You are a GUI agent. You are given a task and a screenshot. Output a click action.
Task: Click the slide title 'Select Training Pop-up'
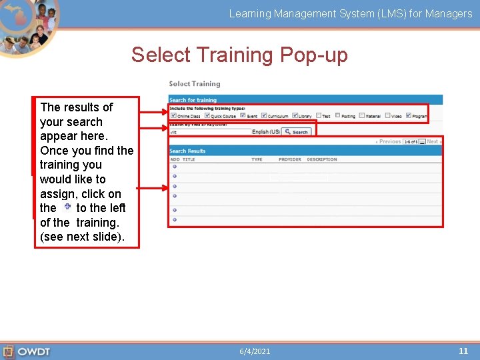coord(239,55)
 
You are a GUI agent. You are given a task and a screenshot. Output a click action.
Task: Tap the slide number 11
coord(463,351)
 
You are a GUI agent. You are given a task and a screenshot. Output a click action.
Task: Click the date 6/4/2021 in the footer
coord(255,351)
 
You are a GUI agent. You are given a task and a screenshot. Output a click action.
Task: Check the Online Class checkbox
coord(173,115)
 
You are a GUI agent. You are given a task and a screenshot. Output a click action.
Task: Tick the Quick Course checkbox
coord(208,115)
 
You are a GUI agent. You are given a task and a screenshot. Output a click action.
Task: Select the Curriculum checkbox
coord(264,115)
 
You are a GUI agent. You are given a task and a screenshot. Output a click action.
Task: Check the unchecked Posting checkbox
coord(337,115)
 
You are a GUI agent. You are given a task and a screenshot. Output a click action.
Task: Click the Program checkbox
coord(408,115)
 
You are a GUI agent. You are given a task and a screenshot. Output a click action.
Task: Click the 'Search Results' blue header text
coord(187,151)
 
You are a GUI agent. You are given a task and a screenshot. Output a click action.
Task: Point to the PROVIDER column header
coord(289,160)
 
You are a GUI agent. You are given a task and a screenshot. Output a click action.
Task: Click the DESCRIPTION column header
coord(321,160)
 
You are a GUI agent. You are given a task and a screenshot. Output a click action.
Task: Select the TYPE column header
coord(257,160)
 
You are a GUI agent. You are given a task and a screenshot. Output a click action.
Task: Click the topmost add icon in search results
coord(174,167)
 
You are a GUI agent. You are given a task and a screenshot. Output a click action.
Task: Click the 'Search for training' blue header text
coord(193,101)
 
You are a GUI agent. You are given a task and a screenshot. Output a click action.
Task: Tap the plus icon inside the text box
coord(67,207)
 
